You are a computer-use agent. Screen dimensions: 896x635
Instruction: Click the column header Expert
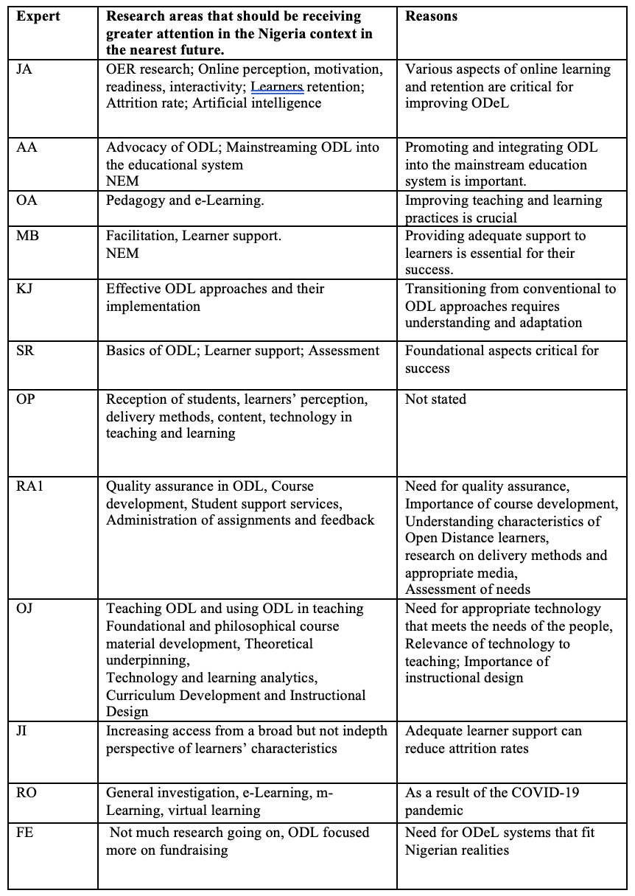pyautogui.click(x=38, y=15)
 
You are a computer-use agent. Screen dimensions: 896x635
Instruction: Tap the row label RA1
pyautogui.click(x=29, y=486)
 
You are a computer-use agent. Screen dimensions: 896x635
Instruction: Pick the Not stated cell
pyautogui.click(x=435, y=399)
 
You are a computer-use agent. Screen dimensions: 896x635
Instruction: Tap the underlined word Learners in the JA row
pyautogui.click(x=277, y=86)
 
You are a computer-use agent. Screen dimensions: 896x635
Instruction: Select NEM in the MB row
pyautogui.click(x=122, y=253)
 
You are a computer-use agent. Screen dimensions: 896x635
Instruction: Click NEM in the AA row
pyautogui.click(x=122, y=181)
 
